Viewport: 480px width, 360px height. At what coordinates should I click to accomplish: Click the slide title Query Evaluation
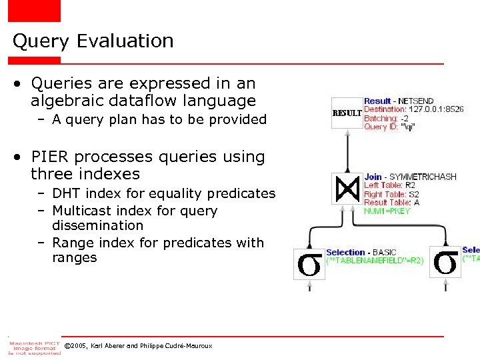click(x=93, y=41)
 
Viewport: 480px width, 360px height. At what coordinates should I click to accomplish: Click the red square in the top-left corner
click(x=34, y=11)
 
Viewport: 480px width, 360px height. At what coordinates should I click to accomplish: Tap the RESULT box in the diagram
click(x=347, y=113)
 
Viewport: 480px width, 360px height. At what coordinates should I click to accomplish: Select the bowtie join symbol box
click(x=347, y=189)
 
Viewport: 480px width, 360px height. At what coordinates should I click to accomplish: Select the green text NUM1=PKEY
click(x=387, y=211)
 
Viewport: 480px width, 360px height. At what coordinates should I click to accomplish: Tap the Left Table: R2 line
click(x=389, y=185)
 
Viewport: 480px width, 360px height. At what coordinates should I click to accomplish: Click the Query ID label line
click(x=388, y=127)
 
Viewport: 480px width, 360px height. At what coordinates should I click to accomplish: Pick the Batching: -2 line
click(x=387, y=118)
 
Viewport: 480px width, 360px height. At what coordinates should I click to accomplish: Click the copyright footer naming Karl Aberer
click(x=138, y=346)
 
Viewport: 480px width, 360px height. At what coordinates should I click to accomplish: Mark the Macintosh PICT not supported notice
click(x=34, y=347)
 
